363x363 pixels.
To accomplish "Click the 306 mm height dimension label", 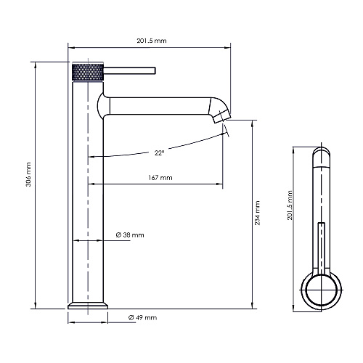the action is (28, 174).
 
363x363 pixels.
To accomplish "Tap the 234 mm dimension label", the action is (257, 213).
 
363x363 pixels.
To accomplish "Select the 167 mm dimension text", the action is (160, 178).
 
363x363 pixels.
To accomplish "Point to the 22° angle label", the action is (159, 153).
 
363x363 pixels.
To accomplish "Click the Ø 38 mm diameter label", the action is (130, 235).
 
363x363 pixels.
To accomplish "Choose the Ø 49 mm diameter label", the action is (142, 317).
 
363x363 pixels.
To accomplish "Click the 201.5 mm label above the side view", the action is (152, 41).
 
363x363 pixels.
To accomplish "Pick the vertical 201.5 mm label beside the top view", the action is (290, 205).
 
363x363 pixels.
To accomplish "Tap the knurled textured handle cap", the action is (88, 72).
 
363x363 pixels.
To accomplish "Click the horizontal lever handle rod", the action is (129, 70).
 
